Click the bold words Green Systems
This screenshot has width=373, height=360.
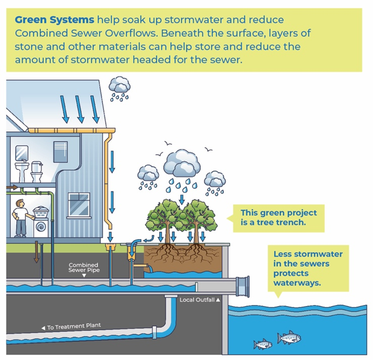coord(54,20)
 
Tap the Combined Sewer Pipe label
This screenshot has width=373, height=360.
coord(84,268)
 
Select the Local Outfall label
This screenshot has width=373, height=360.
coord(200,300)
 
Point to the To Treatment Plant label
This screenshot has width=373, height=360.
coord(74,327)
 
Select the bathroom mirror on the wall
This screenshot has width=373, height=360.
coord(21,152)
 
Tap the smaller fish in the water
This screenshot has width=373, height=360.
coord(263,345)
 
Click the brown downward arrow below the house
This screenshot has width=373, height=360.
coord(36,252)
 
